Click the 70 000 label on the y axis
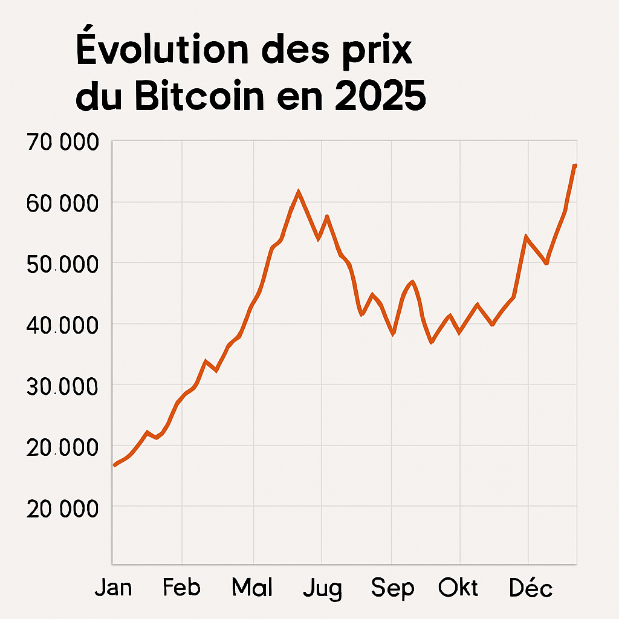pyautogui.click(x=62, y=143)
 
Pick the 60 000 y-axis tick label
pyautogui.click(x=62, y=204)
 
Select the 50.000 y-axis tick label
pyautogui.click(x=62, y=265)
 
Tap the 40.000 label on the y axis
pyautogui.click(x=62, y=326)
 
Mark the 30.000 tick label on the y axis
pyautogui.click(x=62, y=386)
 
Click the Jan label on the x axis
pyautogui.click(x=113, y=588)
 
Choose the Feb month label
pyautogui.click(x=181, y=588)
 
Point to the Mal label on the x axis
pyautogui.click(x=253, y=588)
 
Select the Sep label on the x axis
pyautogui.click(x=392, y=588)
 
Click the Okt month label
pyautogui.click(x=458, y=588)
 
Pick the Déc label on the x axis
pyautogui.click(x=530, y=588)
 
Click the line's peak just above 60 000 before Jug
pyautogui.click(x=298, y=192)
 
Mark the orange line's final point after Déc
pyautogui.click(x=575, y=165)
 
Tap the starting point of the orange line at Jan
pyautogui.click(x=114, y=465)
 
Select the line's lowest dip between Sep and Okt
pyautogui.click(x=432, y=343)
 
